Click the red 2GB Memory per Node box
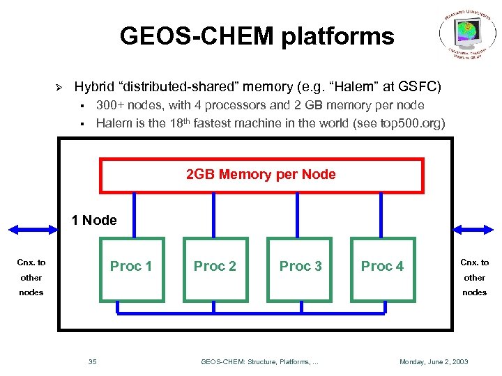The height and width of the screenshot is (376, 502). click(261, 175)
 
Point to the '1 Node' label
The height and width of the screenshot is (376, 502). click(94, 221)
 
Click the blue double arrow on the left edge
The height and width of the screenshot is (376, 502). click(32, 228)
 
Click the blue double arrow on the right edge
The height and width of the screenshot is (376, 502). click(477, 228)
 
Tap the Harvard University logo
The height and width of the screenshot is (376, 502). click(467, 36)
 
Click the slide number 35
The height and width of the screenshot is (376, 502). click(93, 361)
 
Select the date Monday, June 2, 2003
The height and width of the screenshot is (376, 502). click(433, 361)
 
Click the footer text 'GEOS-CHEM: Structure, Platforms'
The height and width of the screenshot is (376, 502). click(258, 361)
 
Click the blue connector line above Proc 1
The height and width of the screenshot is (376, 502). click(132, 215)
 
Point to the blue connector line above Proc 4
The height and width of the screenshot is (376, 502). click(382, 215)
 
